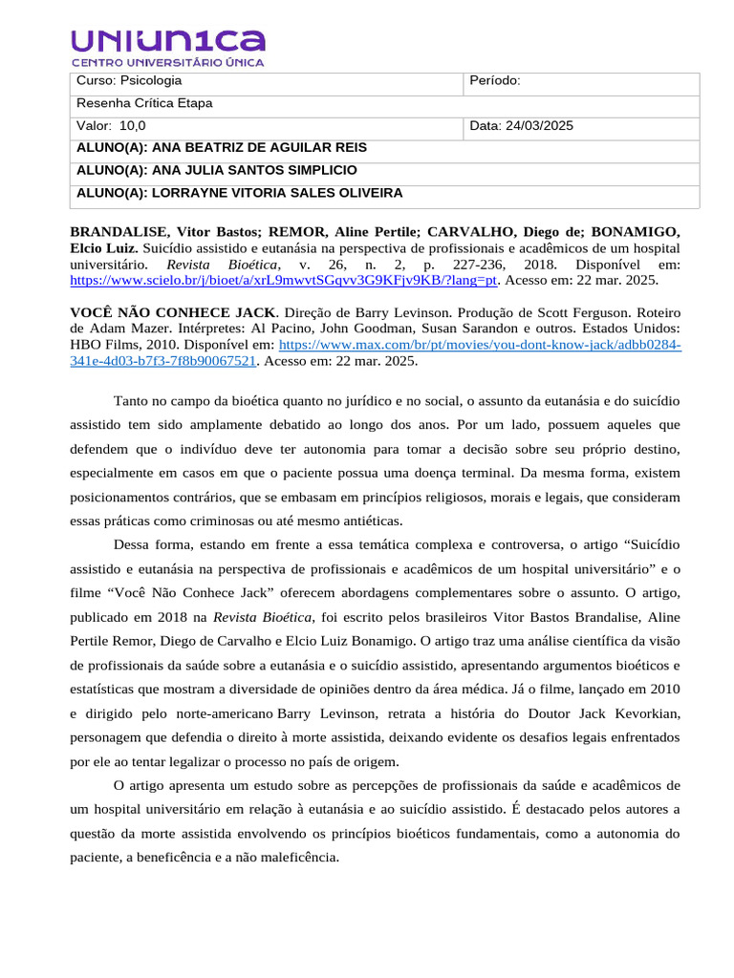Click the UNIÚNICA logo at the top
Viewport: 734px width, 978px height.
point(167,47)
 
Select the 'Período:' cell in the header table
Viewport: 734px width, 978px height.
point(495,81)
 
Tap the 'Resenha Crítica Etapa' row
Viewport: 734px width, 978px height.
point(144,103)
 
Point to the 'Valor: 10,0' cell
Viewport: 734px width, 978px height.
point(112,126)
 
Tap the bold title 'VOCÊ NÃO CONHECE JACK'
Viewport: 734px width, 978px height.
point(172,312)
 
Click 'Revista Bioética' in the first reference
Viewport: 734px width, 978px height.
point(222,264)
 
